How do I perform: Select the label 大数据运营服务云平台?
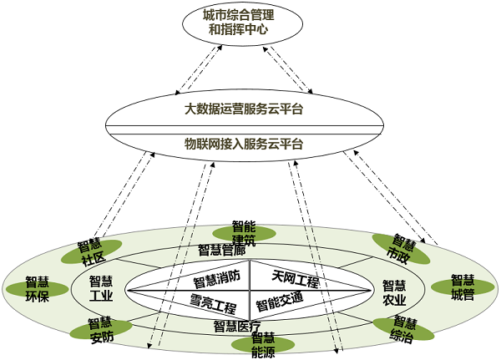point(244,109)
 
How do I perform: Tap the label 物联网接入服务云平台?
point(244,143)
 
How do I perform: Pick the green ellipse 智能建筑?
point(244,232)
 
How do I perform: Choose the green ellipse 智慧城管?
point(462,287)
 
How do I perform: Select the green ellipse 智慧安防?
point(99,329)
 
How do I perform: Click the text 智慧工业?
point(100,288)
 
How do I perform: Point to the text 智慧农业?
point(393,293)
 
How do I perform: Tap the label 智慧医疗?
point(237,326)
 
